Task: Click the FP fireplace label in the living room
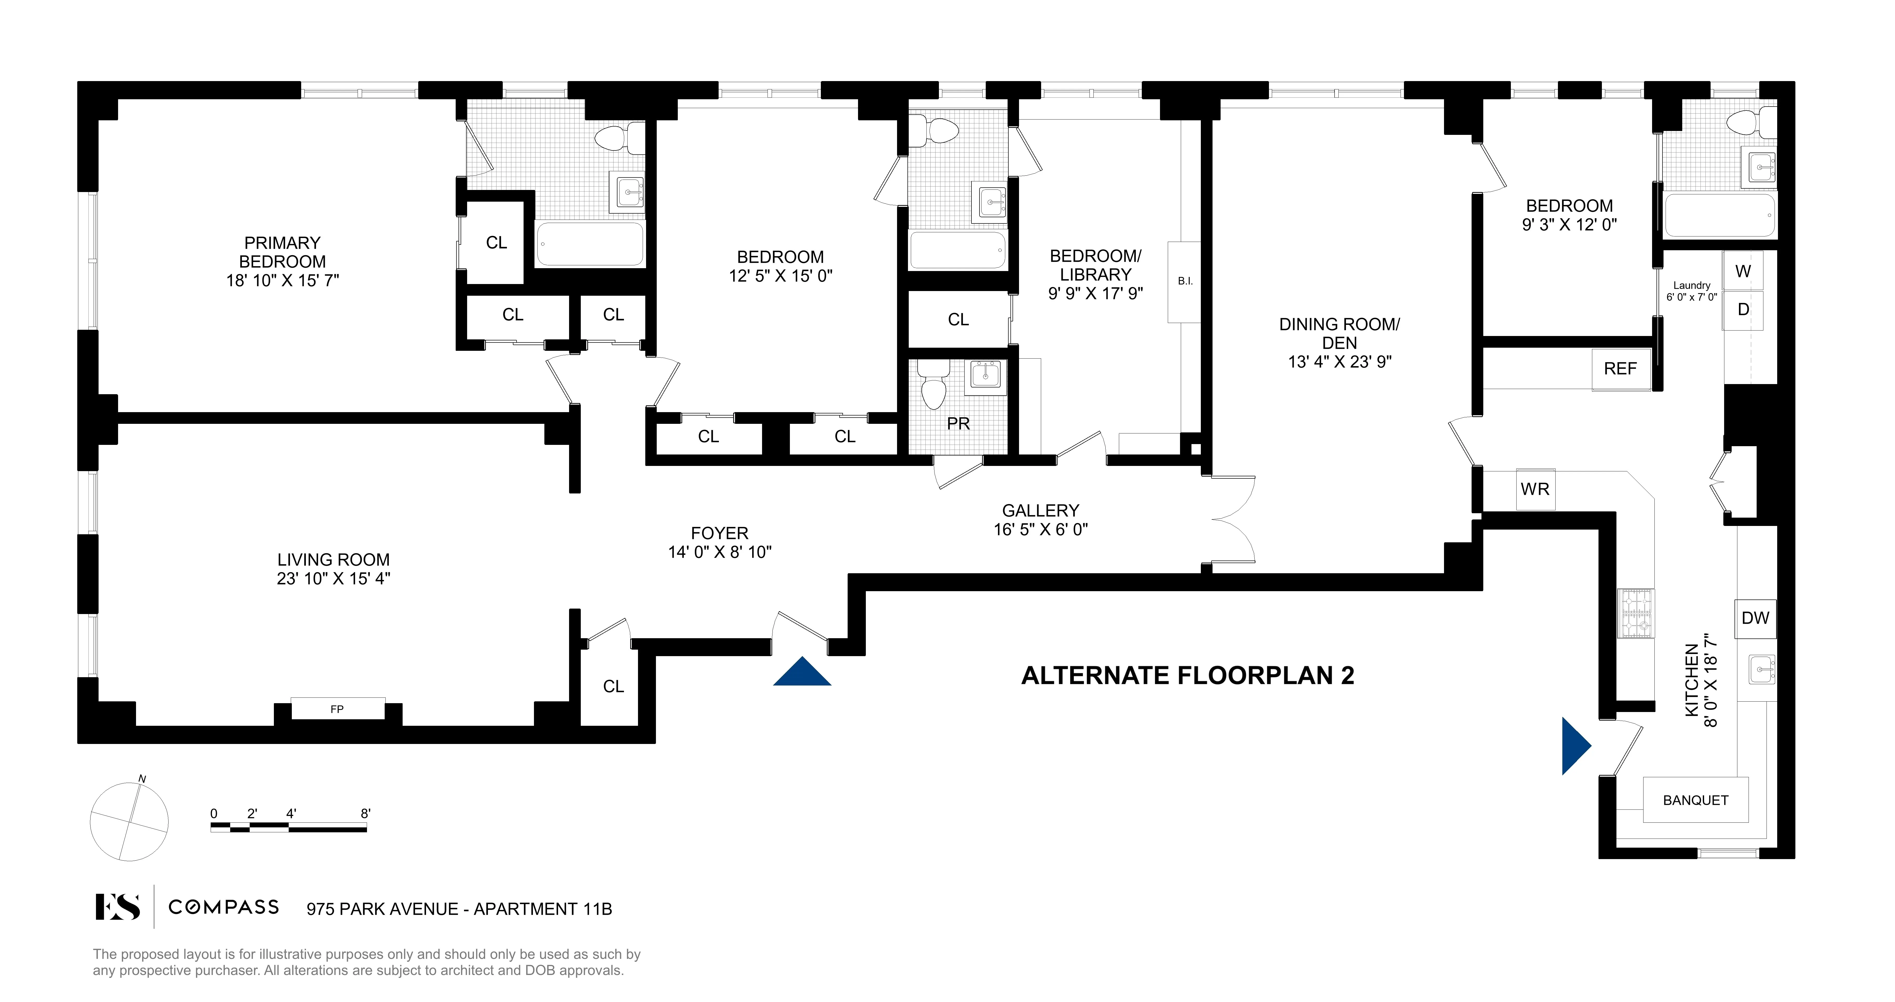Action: tap(337, 709)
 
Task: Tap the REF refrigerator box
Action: tap(1620, 368)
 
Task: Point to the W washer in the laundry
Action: tap(1743, 271)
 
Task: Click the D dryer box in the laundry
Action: tap(1743, 309)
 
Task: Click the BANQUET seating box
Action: tap(1695, 800)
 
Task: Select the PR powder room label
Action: tap(958, 424)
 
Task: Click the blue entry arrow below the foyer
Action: tap(802, 673)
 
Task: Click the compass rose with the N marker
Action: tap(130, 821)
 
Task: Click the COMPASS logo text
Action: tap(224, 907)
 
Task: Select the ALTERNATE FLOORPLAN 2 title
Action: tap(1187, 675)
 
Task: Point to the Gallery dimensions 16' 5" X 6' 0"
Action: tap(1040, 529)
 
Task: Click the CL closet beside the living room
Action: tap(613, 686)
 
